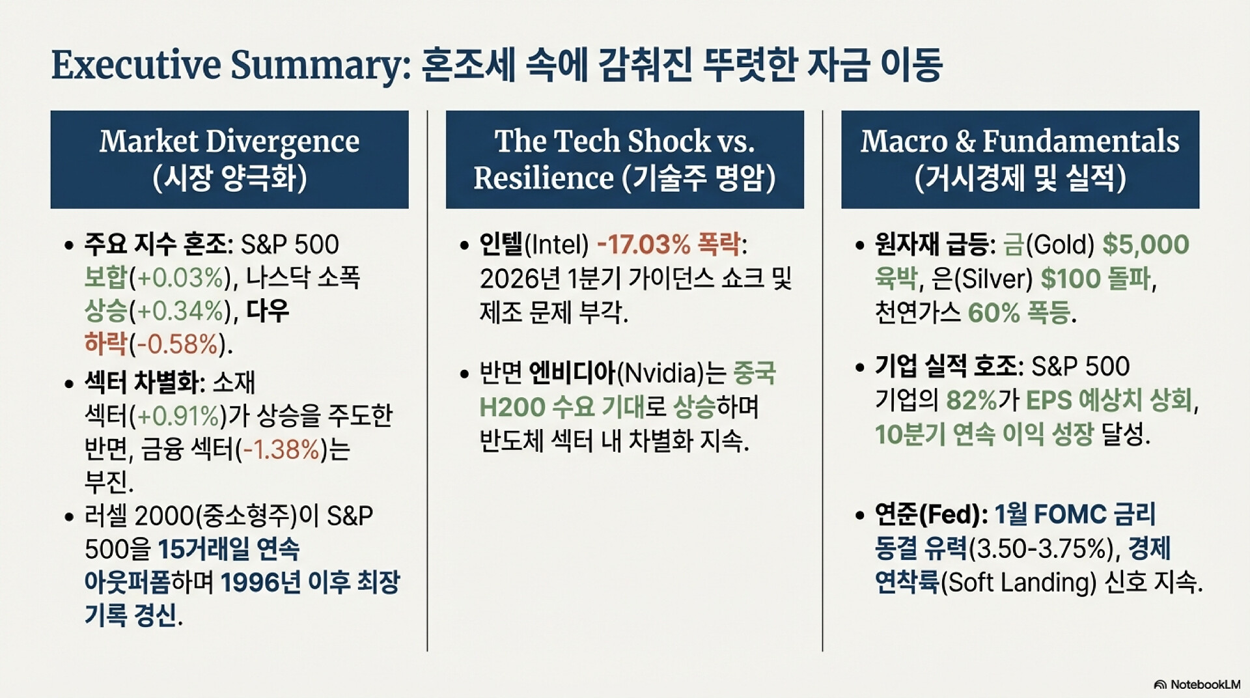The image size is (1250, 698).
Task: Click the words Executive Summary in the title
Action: tap(230, 65)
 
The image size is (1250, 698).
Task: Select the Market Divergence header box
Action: tap(229, 160)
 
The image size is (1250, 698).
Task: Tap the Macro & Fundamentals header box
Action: tap(1020, 160)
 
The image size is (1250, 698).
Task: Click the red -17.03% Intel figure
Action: tap(643, 245)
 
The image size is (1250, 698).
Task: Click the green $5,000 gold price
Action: tap(1146, 245)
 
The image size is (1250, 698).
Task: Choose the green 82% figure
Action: tap(971, 400)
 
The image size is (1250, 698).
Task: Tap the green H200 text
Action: tap(512, 407)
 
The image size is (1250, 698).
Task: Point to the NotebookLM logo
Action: tap(1197, 684)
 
